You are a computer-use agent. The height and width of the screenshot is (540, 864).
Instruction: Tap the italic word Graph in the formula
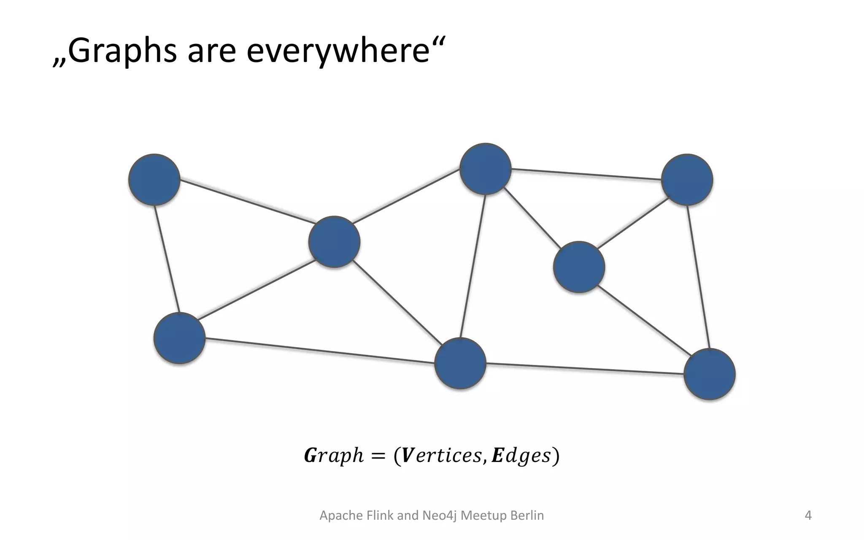(x=333, y=456)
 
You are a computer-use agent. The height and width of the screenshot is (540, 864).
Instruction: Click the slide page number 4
(x=808, y=516)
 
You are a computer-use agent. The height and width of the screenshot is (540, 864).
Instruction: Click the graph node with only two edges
(x=154, y=180)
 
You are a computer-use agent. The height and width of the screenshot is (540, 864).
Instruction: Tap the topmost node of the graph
(x=485, y=169)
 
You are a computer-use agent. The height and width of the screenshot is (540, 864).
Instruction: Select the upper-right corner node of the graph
(x=687, y=180)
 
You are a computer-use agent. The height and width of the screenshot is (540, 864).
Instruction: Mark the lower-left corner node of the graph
(x=179, y=338)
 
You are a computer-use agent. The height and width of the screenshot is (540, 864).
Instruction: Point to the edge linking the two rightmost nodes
(x=698, y=277)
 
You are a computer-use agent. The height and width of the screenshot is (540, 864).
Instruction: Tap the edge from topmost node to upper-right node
(x=586, y=174)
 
